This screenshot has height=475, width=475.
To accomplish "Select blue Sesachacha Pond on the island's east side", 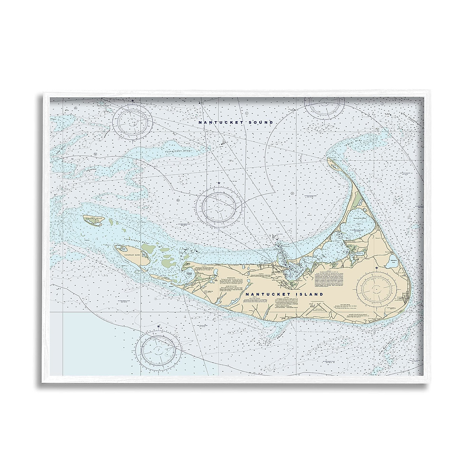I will (393, 260).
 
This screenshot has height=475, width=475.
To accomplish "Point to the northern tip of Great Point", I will (329, 160).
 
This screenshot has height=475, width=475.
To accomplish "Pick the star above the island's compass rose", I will (376, 269).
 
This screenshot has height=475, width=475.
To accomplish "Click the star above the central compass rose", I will (218, 183).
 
